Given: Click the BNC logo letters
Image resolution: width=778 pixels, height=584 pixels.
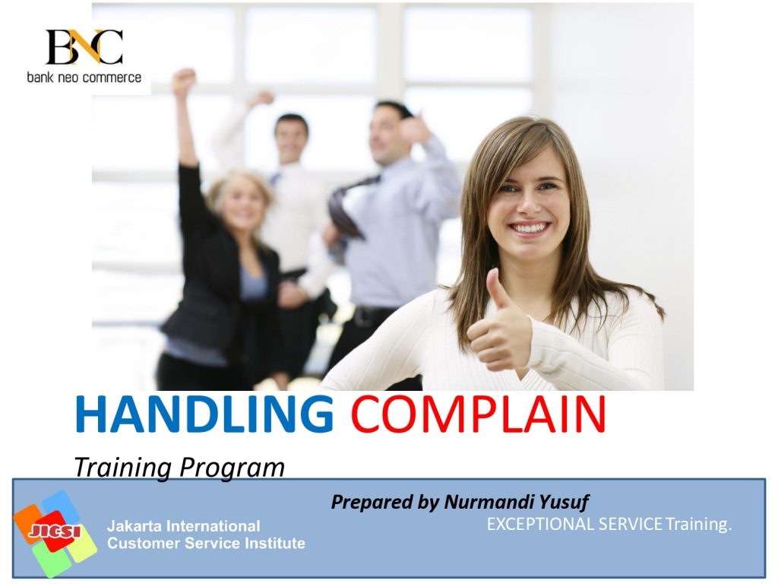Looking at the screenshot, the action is point(84,46).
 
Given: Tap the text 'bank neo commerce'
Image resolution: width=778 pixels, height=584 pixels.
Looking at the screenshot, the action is point(84,78).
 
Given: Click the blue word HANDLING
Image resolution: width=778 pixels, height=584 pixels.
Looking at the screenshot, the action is point(204,414).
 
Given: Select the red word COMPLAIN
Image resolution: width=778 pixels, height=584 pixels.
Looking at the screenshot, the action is point(479,414).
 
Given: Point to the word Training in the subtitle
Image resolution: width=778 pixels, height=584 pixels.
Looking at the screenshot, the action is point(122,468).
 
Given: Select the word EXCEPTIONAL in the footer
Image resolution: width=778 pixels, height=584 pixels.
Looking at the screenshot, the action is point(540,524).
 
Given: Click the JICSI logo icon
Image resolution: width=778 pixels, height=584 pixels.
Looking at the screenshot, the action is point(55,533).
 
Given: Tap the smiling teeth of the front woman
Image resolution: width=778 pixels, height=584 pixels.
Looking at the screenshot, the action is point(529,228).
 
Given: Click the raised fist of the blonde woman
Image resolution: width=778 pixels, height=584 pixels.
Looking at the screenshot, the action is point(184,80).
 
